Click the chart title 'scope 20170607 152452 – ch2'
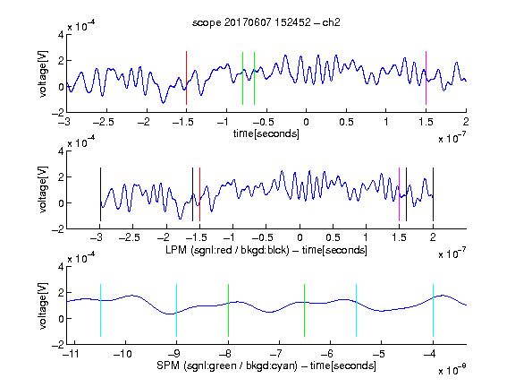[266, 22]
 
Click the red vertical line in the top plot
[186, 78]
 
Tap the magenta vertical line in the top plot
[426, 78]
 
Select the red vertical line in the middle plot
[199, 194]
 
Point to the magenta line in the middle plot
[399, 194]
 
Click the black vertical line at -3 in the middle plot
[100, 194]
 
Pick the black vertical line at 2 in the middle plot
[433, 194]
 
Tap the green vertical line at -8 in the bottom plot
[228, 310]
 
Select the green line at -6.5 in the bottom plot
[305, 310]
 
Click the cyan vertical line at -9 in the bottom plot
[177, 310]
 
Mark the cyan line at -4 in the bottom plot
[433, 310]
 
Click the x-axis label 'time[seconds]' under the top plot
[266, 133]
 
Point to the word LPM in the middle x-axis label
[176, 250]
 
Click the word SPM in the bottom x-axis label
[168, 365]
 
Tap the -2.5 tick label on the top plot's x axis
[104, 122]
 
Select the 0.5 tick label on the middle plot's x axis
[333, 237]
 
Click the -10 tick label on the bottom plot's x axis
[122, 354]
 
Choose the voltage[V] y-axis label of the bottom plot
[43, 305]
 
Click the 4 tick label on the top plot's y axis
[61, 35]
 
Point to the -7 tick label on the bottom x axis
[276, 354]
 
